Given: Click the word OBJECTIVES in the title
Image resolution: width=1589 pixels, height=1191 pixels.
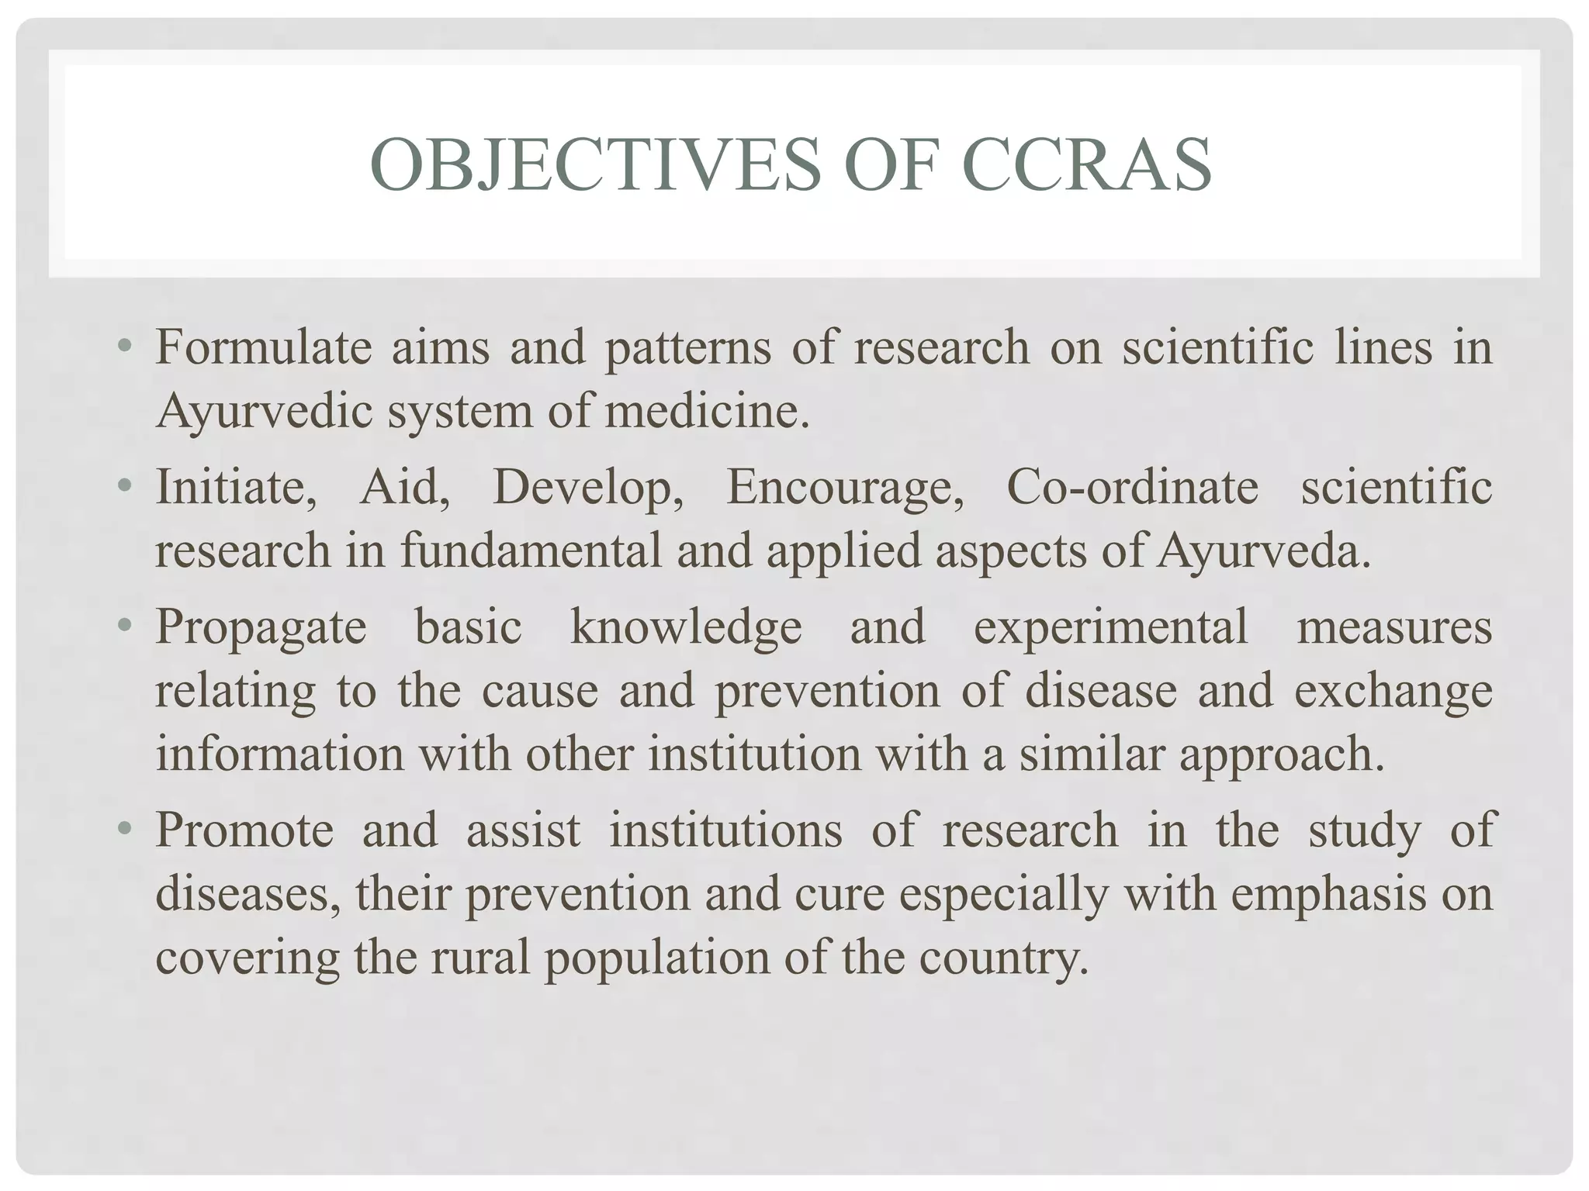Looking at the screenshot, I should tap(595, 164).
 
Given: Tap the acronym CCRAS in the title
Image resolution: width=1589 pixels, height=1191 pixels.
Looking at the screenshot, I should tap(1086, 164).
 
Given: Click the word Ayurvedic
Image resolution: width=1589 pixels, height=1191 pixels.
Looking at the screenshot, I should tap(264, 411).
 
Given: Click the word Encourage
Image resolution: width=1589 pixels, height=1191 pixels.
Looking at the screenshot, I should tap(845, 489).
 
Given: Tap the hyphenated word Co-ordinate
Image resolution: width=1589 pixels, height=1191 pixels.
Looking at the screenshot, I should tap(1132, 488).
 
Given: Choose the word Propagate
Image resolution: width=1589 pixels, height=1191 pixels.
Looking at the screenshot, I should tap(261, 628).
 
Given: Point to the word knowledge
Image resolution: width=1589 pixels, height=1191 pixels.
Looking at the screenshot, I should tap(686, 627).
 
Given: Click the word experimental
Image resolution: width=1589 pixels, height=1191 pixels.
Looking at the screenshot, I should tap(1110, 628).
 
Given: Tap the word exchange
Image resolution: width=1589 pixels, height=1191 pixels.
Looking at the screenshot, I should tap(1393, 691).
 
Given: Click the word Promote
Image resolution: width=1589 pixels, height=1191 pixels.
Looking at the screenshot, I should tap(244, 830).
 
